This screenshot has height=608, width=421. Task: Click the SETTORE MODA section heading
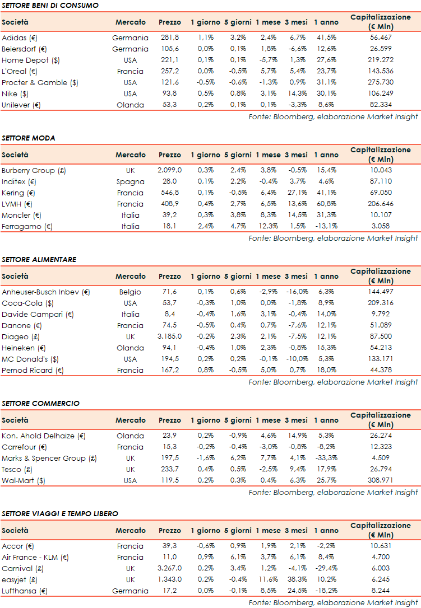(29, 138)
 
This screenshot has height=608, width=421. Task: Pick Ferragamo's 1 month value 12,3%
(268, 226)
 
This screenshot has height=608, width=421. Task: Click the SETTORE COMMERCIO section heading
(41, 403)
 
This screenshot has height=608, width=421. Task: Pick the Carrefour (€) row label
(25, 447)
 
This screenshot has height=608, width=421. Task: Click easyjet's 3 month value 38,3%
(296, 579)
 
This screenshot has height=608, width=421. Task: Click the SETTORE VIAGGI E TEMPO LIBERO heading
(60, 513)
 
